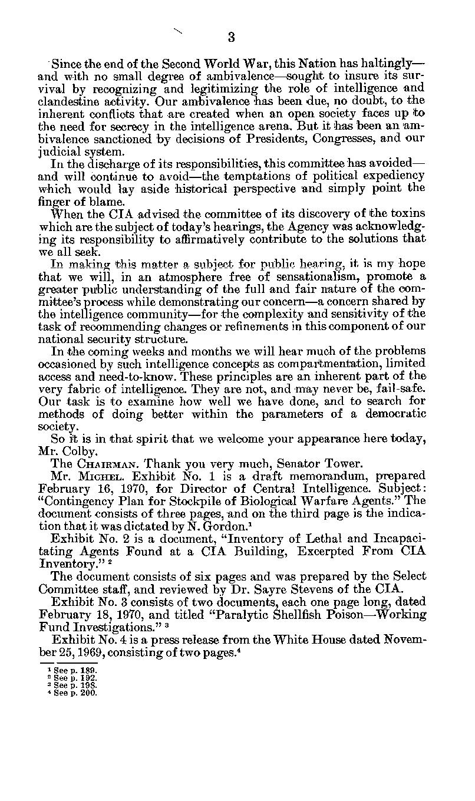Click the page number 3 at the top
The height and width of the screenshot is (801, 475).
tap(231, 38)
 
